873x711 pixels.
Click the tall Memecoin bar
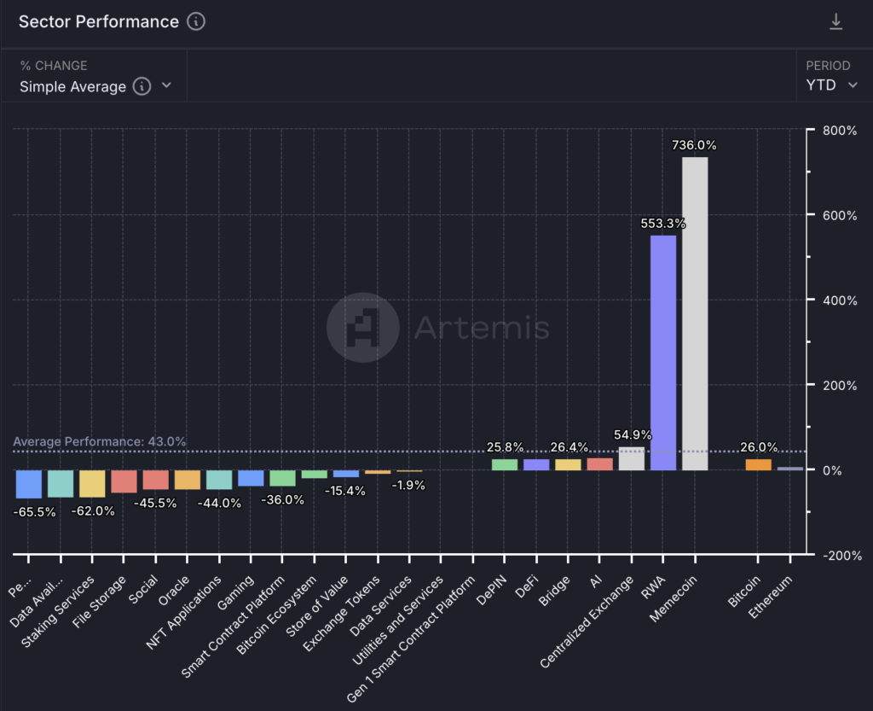coord(695,313)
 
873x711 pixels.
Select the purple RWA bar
coord(663,353)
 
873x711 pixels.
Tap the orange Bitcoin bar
coord(758,465)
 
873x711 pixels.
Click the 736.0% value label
coord(695,145)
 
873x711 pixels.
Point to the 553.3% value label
coord(663,224)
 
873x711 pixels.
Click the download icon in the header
coord(835,22)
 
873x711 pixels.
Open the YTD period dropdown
coord(831,85)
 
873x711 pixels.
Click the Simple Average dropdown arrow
coord(166,85)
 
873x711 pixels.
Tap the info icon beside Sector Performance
coord(196,22)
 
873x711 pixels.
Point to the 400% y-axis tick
coord(840,300)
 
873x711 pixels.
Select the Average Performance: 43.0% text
coord(99,441)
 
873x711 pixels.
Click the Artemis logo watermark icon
coord(363,327)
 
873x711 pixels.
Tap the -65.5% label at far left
coord(35,512)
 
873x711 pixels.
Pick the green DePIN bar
coord(505,464)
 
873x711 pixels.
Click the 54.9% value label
coord(633,434)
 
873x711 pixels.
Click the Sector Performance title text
coord(99,22)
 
